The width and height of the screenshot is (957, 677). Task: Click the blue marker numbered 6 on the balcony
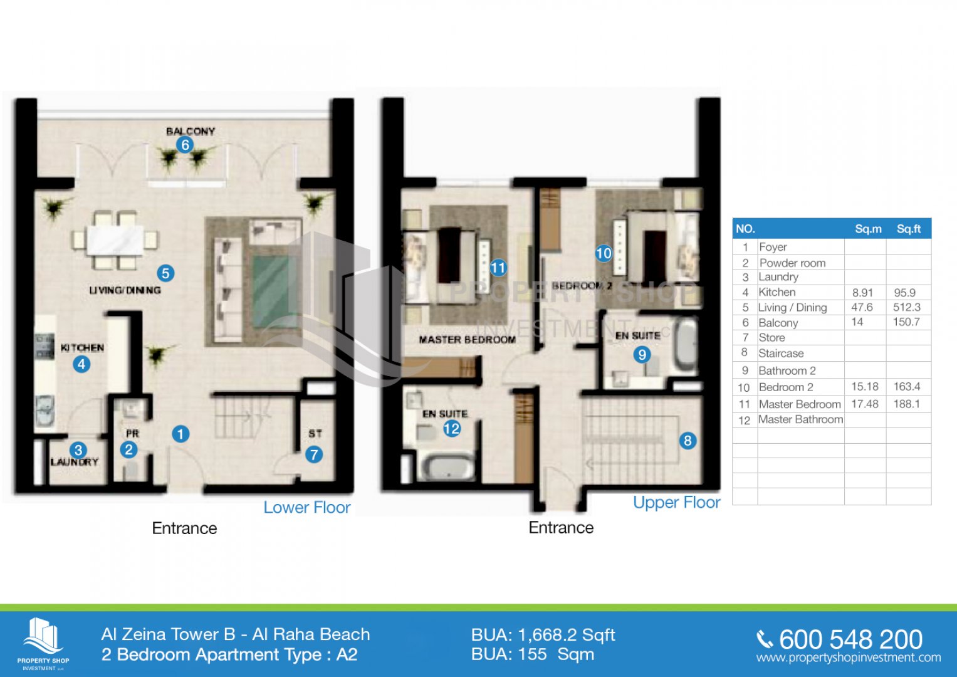click(x=185, y=145)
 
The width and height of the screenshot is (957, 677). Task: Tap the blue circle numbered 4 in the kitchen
click(x=81, y=364)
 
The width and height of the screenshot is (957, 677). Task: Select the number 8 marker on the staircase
click(x=688, y=441)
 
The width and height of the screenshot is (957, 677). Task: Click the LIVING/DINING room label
click(x=125, y=290)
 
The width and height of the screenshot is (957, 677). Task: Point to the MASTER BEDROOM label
click(x=467, y=340)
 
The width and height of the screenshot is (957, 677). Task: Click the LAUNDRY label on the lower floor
click(x=75, y=462)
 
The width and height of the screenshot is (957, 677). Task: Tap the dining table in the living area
click(x=115, y=240)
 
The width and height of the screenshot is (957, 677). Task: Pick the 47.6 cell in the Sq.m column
click(x=862, y=307)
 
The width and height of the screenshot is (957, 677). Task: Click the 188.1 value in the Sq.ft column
click(x=907, y=404)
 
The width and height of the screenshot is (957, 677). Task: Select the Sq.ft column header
click(x=909, y=229)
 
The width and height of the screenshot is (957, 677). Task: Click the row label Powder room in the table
click(x=792, y=263)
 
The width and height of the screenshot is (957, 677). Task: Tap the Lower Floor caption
click(x=306, y=507)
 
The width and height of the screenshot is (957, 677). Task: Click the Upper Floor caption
click(x=677, y=503)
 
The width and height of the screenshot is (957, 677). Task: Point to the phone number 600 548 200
click(x=850, y=639)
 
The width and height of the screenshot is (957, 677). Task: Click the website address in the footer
click(x=849, y=658)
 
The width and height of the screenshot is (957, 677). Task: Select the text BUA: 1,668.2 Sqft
click(x=543, y=635)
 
